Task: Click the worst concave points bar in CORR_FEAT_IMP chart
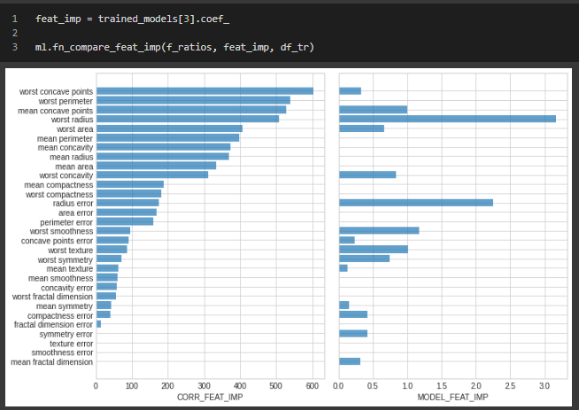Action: [x=205, y=90]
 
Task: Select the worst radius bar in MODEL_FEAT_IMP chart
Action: [x=447, y=119]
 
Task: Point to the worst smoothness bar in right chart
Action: [x=379, y=230]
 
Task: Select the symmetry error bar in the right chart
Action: [x=353, y=334]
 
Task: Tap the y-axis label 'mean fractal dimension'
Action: [x=51, y=362]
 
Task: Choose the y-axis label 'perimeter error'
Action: [x=66, y=222]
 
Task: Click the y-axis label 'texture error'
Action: [x=71, y=344]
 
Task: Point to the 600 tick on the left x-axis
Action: [x=313, y=386]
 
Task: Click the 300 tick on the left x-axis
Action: [x=205, y=386]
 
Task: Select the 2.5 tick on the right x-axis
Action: [x=510, y=386]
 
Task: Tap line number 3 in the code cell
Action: [x=14, y=46]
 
